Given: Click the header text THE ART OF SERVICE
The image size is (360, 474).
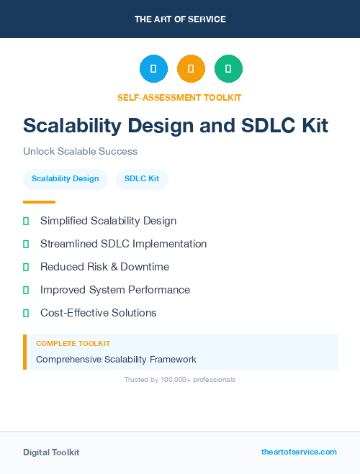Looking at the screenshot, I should click(x=180, y=19).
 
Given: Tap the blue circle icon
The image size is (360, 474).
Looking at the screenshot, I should click(x=153, y=69).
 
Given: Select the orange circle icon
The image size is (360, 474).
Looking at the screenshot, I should click(x=191, y=69).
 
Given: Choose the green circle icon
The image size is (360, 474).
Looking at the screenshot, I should click(x=228, y=69).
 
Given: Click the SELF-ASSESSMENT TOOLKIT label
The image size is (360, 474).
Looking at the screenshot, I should click(x=179, y=97).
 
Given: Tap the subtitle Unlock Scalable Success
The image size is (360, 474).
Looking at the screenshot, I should click(x=80, y=152).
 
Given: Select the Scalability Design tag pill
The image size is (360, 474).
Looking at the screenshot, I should click(x=66, y=178).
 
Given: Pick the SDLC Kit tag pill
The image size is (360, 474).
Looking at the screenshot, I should click(x=142, y=178).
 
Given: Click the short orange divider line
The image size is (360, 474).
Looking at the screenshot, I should click(x=39, y=202).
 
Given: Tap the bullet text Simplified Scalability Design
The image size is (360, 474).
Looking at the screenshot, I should click(x=108, y=221).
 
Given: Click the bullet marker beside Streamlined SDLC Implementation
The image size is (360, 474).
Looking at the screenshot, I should click(x=26, y=245).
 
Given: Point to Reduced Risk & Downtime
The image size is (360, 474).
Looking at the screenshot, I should click(x=104, y=267).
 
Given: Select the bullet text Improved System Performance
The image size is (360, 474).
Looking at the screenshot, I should click(x=115, y=290).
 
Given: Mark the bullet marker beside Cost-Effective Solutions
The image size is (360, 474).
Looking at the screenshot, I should click(x=26, y=314).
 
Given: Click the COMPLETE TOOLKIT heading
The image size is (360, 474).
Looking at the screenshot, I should click(x=73, y=344).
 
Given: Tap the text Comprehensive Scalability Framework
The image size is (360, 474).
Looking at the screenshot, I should click(x=116, y=359).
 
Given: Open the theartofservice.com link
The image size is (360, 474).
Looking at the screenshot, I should click(x=299, y=452).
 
